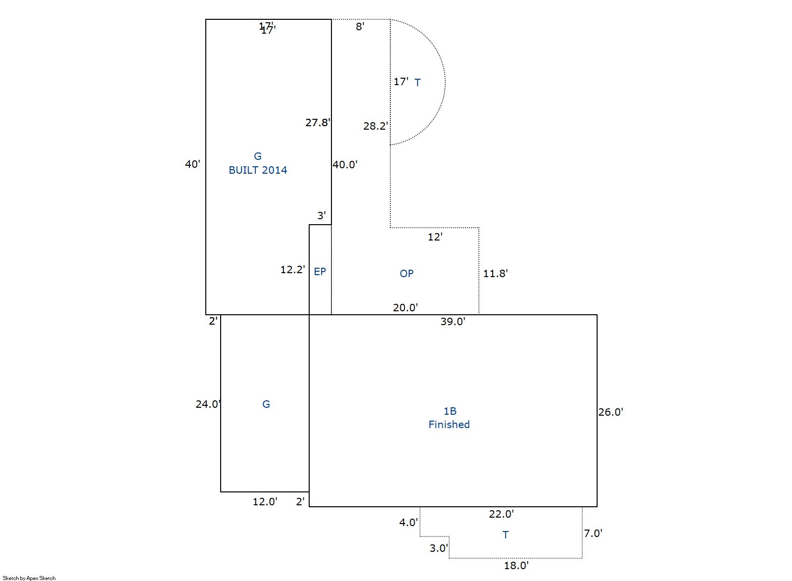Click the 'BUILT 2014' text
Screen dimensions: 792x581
[x=258, y=170]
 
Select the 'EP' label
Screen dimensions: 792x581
[x=320, y=272]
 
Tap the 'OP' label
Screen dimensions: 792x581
[x=407, y=273]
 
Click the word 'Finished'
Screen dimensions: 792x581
[x=449, y=424]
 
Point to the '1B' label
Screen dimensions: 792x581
[x=450, y=411]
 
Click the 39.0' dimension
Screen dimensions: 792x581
[x=453, y=322]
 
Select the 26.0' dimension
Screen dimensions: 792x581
[x=610, y=412]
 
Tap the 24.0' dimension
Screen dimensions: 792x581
[x=208, y=404]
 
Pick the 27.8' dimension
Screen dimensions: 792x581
[x=318, y=123]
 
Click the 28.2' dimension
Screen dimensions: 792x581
[x=376, y=126]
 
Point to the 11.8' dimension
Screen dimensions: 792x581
[x=495, y=273]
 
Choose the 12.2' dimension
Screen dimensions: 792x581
[x=293, y=270]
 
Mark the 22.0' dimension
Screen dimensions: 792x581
[x=501, y=514]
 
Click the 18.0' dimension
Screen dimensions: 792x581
[x=516, y=566]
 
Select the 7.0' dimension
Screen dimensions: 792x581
[x=593, y=533]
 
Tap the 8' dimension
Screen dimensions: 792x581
[x=360, y=27]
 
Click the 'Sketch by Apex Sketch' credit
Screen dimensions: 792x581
[x=29, y=578]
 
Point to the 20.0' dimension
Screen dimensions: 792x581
[x=406, y=308]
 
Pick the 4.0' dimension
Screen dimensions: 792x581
[x=409, y=522]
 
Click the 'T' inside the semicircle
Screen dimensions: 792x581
[x=418, y=82]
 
